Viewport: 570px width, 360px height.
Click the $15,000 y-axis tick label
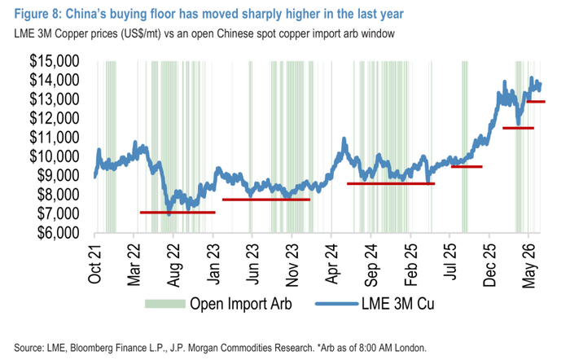[x=55, y=61]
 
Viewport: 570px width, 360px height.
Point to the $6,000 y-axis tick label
[x=58, y=233]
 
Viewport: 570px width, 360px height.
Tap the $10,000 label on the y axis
[x=55, y=156]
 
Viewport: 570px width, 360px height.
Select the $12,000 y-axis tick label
[x=55, y=118]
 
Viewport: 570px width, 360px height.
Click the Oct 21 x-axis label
[x=94, y=263]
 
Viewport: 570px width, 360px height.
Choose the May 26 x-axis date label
[x=529, y=266]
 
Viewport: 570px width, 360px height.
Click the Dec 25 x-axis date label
[x=489, y=265]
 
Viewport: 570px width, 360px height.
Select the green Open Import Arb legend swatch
[x=165, y=304]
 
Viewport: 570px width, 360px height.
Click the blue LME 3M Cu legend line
[x=336, y=304]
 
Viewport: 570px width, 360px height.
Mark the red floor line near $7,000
[x=178, y=213]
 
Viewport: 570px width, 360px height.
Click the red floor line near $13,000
[x=536, y=102]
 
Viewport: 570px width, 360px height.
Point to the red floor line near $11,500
[x=519, y=128]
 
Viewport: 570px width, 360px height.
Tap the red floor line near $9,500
[x=467, y=166]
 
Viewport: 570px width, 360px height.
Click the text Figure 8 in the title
[x=37, y=14]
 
